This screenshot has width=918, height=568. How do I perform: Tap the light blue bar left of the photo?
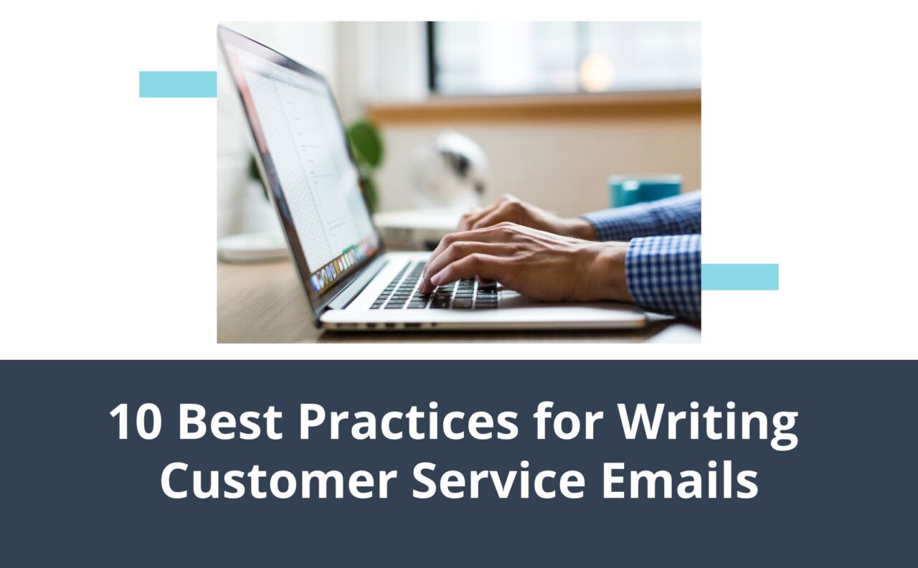coord(178,84)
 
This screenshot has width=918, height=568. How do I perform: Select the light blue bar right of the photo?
coord(739,277)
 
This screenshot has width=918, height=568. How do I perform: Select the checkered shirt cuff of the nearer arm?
coord(663,276)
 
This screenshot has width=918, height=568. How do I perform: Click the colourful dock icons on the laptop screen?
coord(344,265)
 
